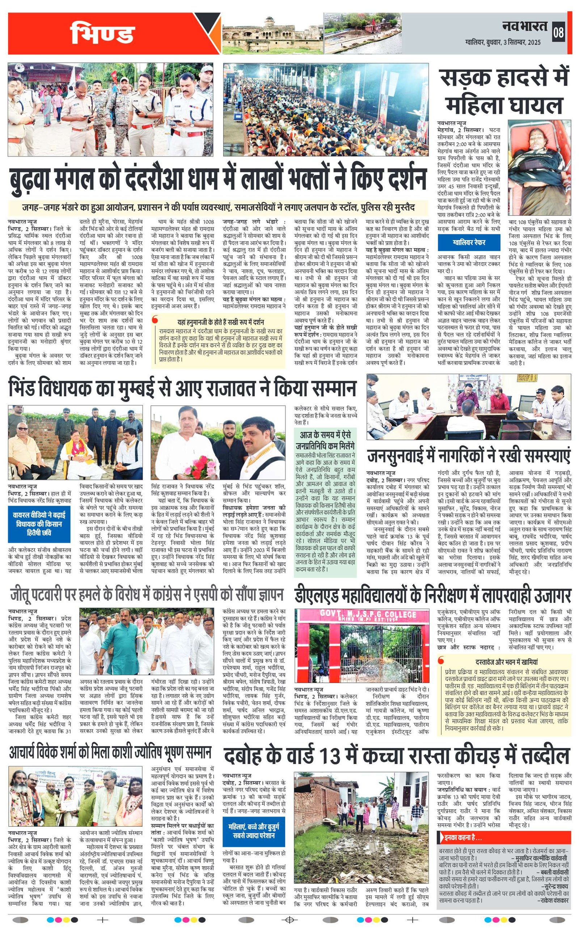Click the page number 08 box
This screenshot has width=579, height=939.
point(558,32)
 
